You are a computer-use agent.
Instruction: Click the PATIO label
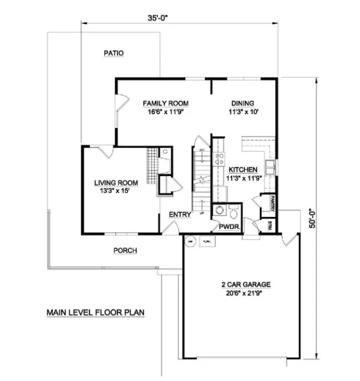click(x=114, y=53)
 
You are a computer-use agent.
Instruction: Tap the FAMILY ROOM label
click(x=165, y=103)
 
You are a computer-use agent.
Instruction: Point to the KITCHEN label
click(x=243, y=170)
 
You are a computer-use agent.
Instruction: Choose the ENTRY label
click(x=179, y=215)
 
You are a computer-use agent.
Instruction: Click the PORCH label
click(x=125, y=251)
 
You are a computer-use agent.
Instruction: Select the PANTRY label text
click(x=273, y=203)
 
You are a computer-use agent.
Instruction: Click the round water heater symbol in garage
click(x=190, y=242)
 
